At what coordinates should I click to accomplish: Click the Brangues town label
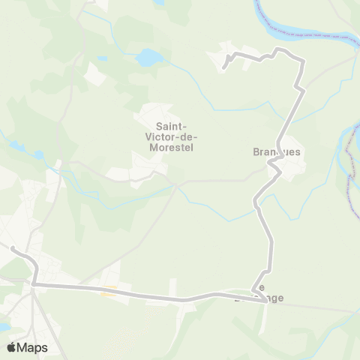[276, 151]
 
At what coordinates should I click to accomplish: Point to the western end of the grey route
[12, 247]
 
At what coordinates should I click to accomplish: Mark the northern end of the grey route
[224, 68]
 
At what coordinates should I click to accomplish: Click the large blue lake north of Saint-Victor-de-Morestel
[149, 57]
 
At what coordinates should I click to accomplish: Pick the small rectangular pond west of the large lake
[102, 58]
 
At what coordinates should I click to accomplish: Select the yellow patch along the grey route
[108, 293]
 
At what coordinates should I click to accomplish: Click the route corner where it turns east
[34, 284]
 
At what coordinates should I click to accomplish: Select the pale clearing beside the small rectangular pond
[94, 73]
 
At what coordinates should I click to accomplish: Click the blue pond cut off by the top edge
[159, 2]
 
